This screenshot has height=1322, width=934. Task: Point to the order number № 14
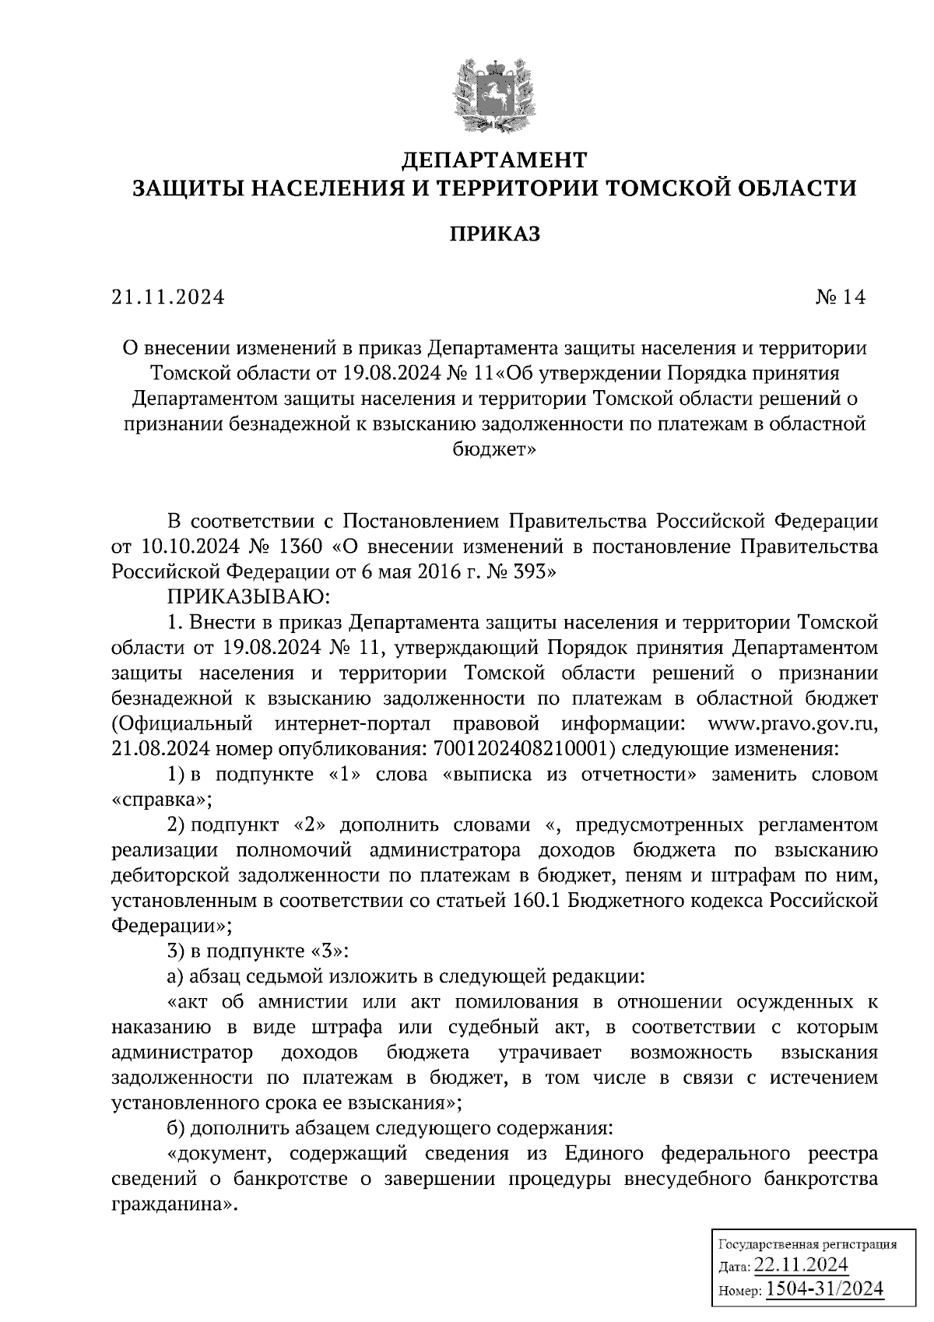(x=840, y=297)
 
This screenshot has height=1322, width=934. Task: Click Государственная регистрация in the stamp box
(x=806, y=1244)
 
